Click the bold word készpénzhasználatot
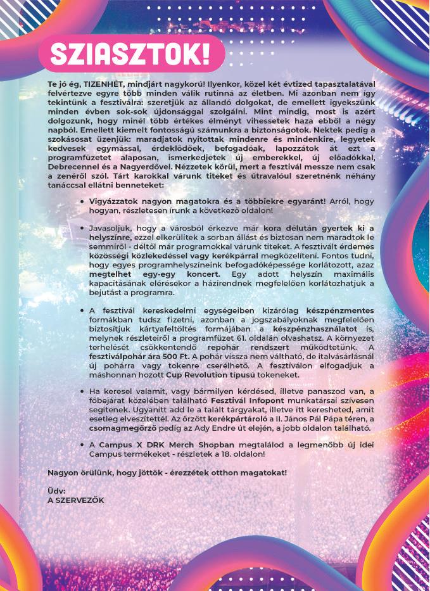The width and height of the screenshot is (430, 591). click(x=313, y=330)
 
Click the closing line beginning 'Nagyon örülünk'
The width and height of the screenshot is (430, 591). click(x=167, y=472)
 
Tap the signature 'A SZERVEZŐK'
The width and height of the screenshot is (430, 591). click(x=76, y=499)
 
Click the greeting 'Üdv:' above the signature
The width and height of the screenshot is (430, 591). click(x=56, y=490)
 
